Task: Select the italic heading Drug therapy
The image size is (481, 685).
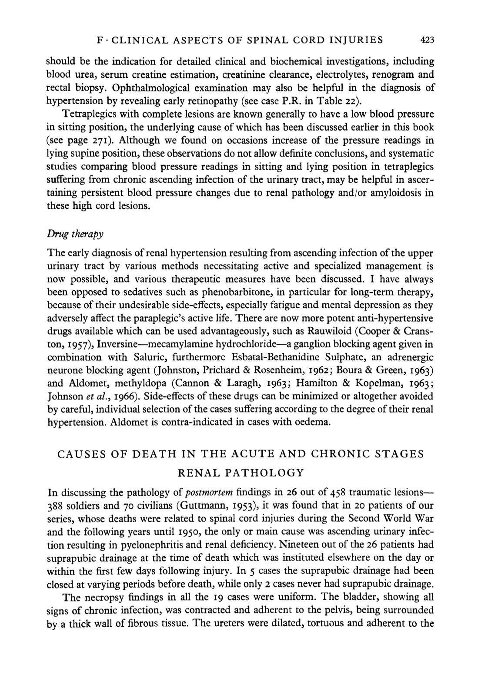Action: tap(75, 234)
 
